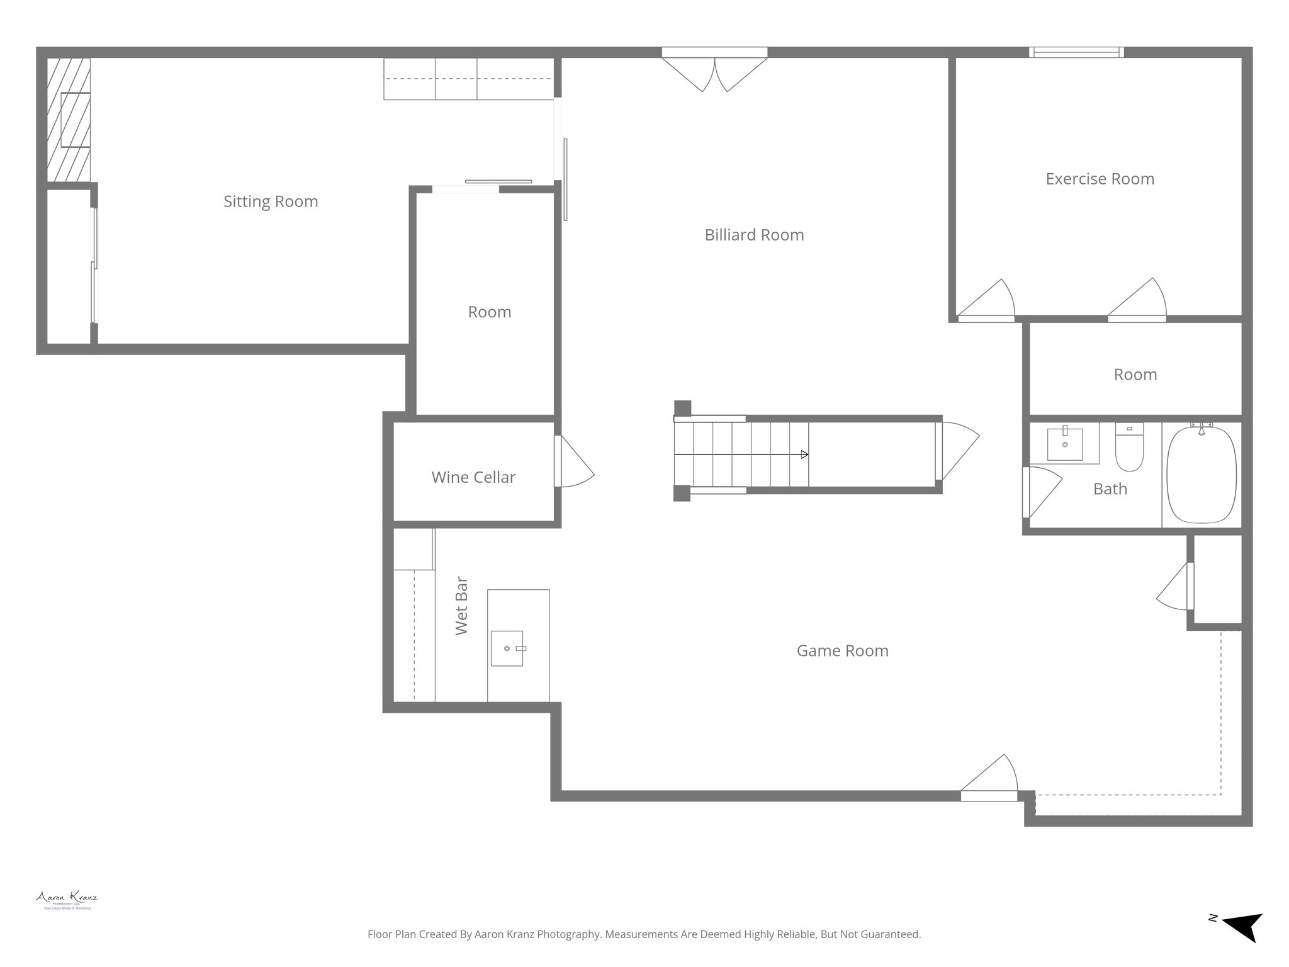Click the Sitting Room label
[271, 201]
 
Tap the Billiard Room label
[754, 235]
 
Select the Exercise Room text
[1100, 179]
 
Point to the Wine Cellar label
[473, 477]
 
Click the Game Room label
[842, 650]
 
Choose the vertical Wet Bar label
[461, 605]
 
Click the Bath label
[1110, 489]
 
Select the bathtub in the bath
[1201, 475]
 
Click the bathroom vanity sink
[1065, 444]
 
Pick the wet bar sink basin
[507, 648]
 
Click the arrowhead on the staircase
[804, 455]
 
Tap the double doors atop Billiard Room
[714, 71]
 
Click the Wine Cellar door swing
[574, 463]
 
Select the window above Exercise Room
[1076, 52]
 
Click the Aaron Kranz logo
[67, 899]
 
